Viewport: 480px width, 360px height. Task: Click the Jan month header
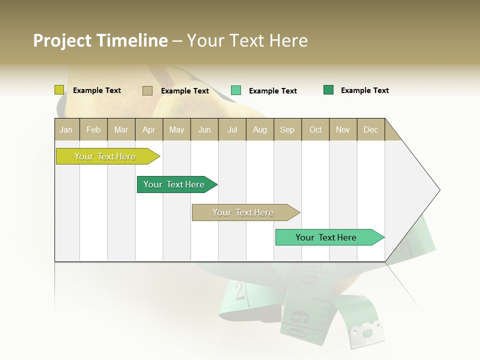66,129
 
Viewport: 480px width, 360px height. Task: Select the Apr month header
149,129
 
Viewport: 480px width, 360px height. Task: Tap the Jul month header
232,129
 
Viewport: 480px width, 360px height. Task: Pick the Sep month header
287,129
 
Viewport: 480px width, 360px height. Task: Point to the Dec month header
371,129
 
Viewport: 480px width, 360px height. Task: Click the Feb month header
93,129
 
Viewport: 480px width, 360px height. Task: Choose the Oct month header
315,129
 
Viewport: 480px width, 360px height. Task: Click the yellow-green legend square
59,90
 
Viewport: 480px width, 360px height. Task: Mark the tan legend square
147,90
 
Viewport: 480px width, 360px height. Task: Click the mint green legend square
236,90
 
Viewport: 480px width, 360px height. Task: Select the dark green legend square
328,90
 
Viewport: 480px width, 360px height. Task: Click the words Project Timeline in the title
100,40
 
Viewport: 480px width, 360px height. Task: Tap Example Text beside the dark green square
365,90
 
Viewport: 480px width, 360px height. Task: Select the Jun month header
204,129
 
